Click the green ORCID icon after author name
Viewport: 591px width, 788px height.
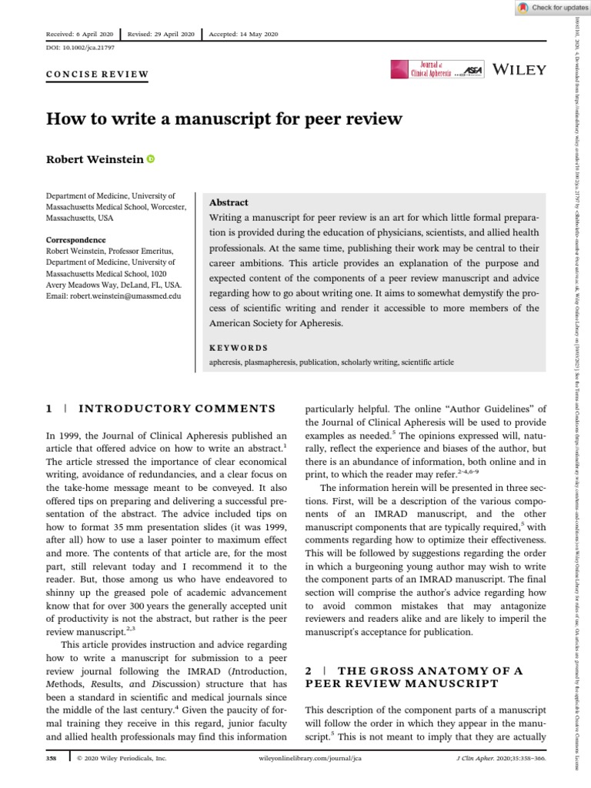(x=150, y=159)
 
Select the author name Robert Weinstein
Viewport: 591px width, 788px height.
(x=95, y=159)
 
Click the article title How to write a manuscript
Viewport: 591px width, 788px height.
(x=225, y=119)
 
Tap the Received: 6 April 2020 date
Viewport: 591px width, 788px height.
(x=79, y=35)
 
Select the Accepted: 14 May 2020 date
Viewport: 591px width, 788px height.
(x=245, y=35)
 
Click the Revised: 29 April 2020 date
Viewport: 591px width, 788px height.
(x=162, y=35)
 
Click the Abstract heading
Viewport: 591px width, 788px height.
(x=229, y=202)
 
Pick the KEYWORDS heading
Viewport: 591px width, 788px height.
(x=239, y=348)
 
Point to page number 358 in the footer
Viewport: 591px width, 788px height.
(x=53, y=780)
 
